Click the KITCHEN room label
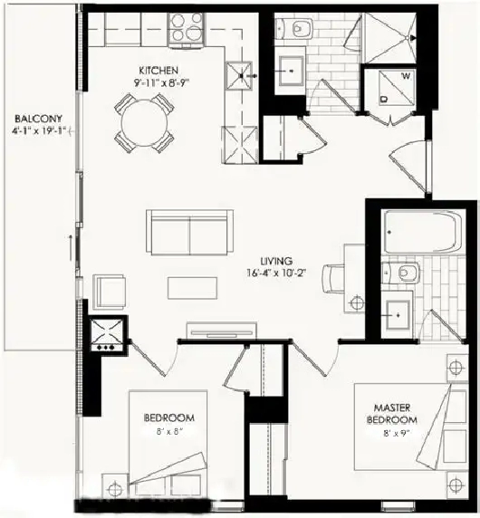click(x=157, y=70)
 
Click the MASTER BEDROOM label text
click(x=392, y=414)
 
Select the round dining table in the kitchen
click(x=143, y=122)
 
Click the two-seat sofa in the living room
click(x=188, y=234)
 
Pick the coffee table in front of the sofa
click(x=192, y=286)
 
